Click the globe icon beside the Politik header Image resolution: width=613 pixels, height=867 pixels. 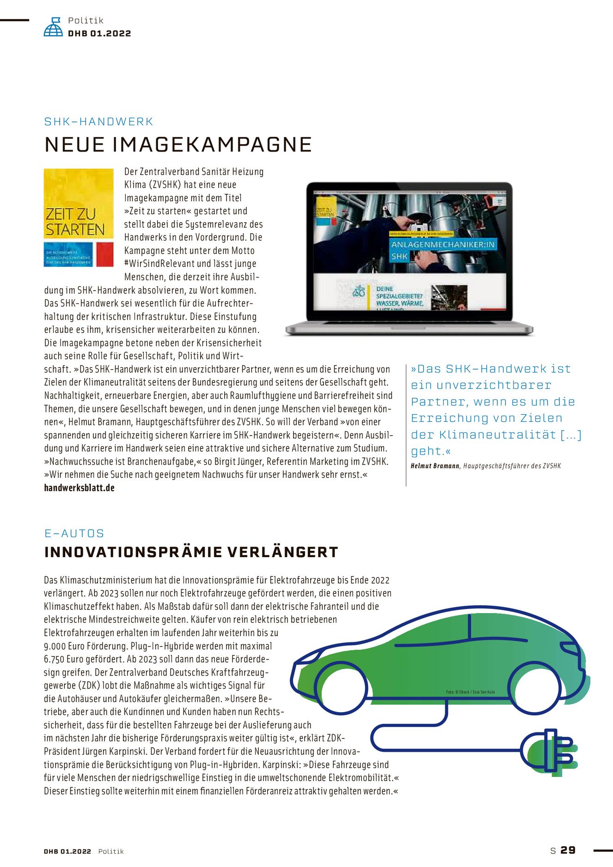click(x=53, y=27)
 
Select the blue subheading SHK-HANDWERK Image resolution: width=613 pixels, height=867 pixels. click(x=98, y=122)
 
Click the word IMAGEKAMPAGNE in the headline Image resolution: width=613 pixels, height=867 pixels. click(x=212, y=145)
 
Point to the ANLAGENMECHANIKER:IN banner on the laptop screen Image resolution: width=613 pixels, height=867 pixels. click(x=442, y=245)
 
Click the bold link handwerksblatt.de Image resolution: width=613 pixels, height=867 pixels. click(x=79, y=488)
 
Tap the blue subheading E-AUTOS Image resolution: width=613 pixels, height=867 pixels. click(x=74, y=533)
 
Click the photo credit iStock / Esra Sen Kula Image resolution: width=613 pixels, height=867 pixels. click(x=470, y=692)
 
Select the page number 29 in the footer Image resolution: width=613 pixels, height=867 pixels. click(x=568, y=850)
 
